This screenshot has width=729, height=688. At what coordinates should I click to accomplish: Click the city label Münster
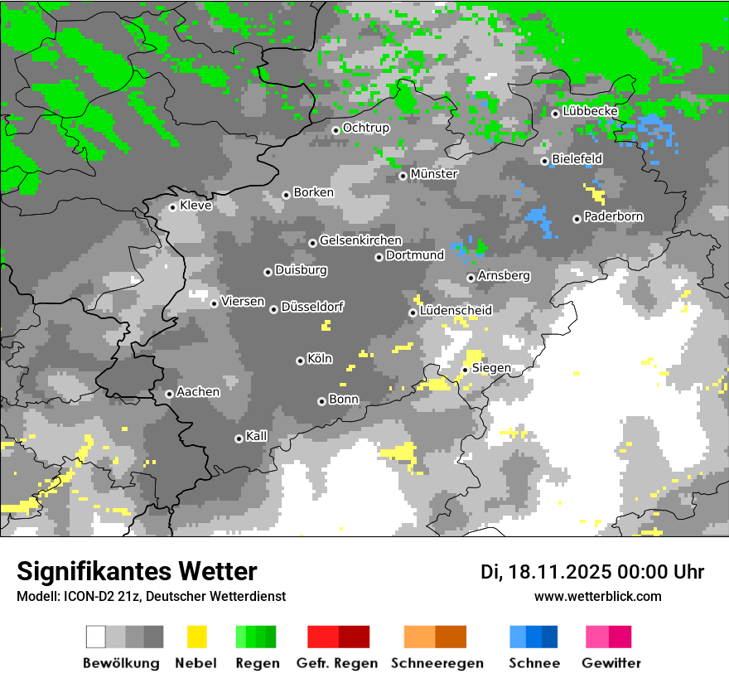click(x=433, y=174)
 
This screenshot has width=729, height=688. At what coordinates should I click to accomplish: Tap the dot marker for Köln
click(x=300, y=361)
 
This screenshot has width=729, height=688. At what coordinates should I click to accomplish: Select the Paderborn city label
click(x=613, y=217)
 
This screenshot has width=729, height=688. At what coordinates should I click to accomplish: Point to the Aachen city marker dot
click(x=169, y=394)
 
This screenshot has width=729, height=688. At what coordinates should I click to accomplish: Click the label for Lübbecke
click(x=590, y=111)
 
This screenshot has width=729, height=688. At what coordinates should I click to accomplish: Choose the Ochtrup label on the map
click(x=365, y=128)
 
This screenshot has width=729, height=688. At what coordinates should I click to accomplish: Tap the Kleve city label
click(x=196, y=206)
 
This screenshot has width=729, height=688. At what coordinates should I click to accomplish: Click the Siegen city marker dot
click(x=466, y=370)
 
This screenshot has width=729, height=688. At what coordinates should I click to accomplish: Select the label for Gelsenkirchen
click(x=360, y=241)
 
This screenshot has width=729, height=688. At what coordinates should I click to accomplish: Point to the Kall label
click(x=257, y=436)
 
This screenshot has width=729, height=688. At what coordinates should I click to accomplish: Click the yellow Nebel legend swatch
click(x=196, y=637)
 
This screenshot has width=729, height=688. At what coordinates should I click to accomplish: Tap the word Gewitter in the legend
click(x=611, y=663)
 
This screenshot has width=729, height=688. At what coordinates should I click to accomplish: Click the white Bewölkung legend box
click(x=96, y=637)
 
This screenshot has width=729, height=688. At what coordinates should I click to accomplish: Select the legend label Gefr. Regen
click(x=337, y=663)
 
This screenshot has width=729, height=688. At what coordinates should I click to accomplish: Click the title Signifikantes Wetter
click(x=137, y=572)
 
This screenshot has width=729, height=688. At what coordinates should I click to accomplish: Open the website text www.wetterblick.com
click(x=597, y=597)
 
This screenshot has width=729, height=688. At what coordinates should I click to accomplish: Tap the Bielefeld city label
click(x=577, y=158)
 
